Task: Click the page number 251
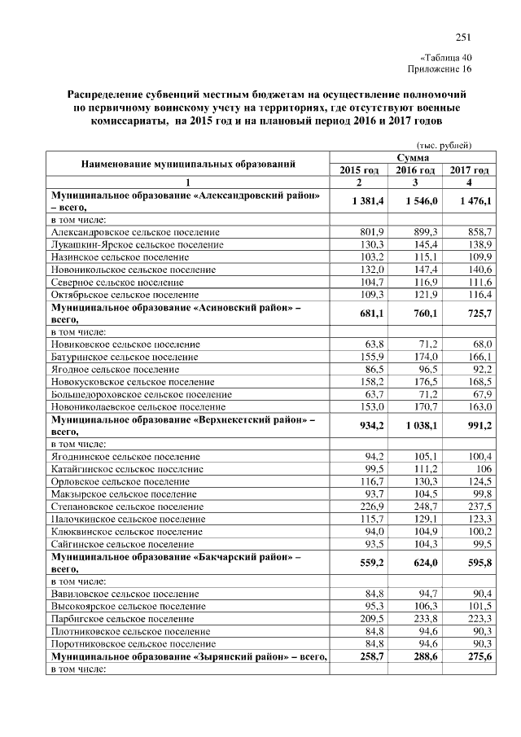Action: point(463,37)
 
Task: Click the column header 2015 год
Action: point(359,170)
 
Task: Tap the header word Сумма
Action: point(414,157)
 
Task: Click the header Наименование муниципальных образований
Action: point(188,164)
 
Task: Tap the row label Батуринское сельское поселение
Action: point(125,357)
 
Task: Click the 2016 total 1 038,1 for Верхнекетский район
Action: point(419,425)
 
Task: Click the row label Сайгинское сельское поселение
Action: point(122,542)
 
